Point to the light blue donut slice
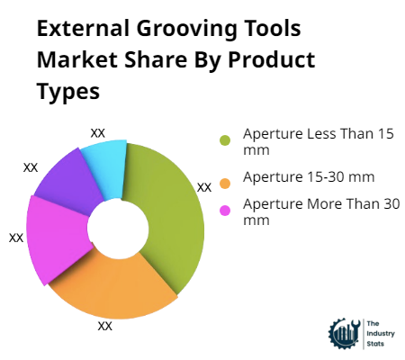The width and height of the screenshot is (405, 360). tap(104, 162)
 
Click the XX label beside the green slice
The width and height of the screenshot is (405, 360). tap(204, 187)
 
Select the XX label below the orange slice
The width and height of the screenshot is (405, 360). tap(104, 326)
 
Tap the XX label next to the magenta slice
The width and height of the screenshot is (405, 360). tap(16, 238)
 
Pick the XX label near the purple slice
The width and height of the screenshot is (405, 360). tap(31, 167)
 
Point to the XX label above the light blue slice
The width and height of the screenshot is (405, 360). tap(98, 132)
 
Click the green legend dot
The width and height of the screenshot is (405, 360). tap(225, 139)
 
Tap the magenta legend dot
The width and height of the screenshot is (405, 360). tap(225, 211)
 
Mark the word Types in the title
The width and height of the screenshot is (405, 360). tap(67, 92)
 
